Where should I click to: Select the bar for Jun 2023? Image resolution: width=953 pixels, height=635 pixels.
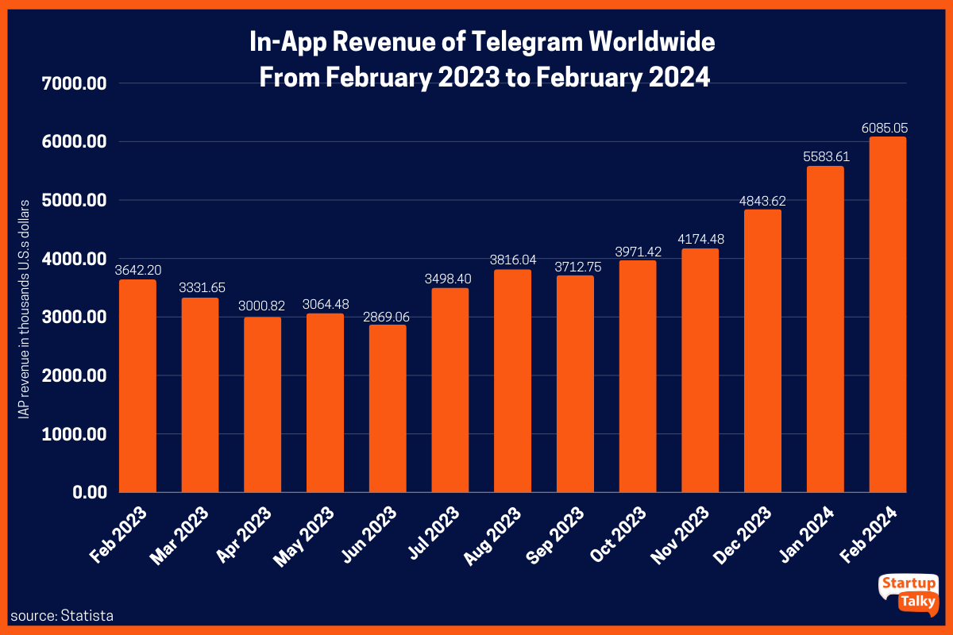coord(387,408)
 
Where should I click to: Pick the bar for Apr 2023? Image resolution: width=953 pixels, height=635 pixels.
coord(262,405)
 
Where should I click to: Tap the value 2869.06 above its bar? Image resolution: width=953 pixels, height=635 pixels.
coord(387,315)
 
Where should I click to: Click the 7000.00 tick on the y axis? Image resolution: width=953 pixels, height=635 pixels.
coord(68,83)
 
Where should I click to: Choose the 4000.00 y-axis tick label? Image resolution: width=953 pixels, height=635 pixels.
coord(68,259)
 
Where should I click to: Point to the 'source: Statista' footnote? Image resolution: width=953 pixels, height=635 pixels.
coord(62,615)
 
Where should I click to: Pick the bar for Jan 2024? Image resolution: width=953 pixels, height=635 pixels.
coord(825,329)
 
